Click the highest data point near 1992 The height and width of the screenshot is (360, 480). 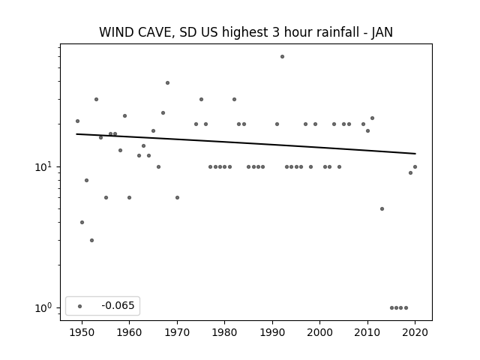(x=282, y=57)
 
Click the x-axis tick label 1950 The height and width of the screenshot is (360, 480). (x=82, y=332)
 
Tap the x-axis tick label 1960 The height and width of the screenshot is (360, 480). (x=129, y=332)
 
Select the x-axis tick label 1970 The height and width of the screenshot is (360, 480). (x=177, y=332)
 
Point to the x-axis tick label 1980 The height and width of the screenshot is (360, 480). (x=224, y=332)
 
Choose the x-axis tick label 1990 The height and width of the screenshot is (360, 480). (x=272, y=332)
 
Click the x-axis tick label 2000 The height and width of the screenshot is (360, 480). (x=320, y=332)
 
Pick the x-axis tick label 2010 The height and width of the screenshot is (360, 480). (x=367, y=332)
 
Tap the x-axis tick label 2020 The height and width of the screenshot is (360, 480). (x=415, y=332)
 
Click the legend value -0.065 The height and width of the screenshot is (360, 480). (x=118, y=305)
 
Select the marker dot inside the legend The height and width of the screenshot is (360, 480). (x=79, y=306)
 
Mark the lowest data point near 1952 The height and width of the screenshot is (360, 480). (x=91, y=240)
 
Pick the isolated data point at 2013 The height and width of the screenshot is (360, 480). (x=382, y=208)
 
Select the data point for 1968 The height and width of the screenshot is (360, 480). (x=167, y=83)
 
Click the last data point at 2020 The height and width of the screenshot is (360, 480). (x=415, y=166)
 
